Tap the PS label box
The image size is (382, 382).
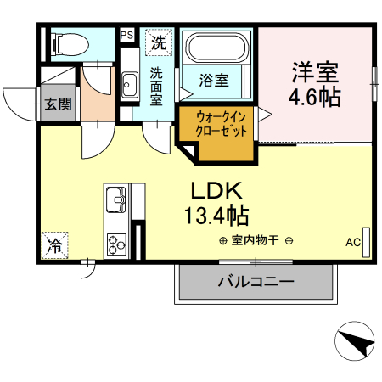point(126,35)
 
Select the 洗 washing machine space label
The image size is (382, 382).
point(158,40)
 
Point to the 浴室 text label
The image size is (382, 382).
point(214,81)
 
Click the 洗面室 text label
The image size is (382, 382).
point(157,86)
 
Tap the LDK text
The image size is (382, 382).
point(216,189)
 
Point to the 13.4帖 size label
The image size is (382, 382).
point(216,214)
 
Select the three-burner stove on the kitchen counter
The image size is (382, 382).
point(116,243)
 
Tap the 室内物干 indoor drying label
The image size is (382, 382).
point(256,240)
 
